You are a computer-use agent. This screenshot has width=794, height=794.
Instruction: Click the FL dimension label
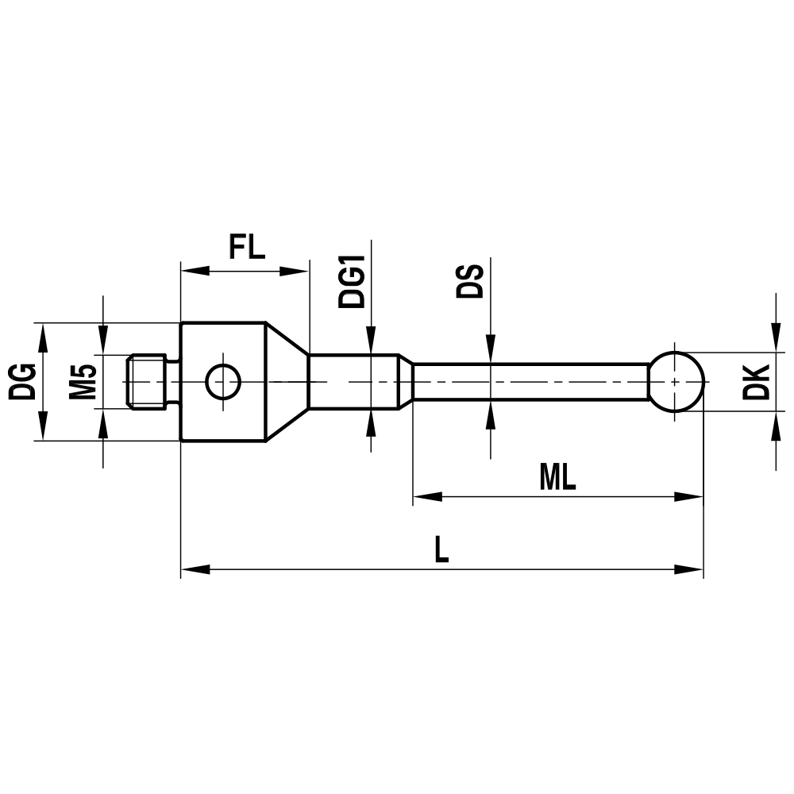[246, 248]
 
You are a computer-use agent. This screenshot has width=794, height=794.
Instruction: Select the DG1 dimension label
[351, 281]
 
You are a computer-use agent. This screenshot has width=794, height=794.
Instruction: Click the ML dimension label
[557, 477]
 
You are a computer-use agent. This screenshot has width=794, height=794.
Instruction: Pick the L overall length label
[441, 549]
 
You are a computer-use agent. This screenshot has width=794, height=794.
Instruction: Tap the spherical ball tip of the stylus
[676, 382]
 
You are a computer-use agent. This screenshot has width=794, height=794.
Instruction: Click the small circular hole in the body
[222, 382]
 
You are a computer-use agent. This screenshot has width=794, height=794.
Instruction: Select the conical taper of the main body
[286, 382]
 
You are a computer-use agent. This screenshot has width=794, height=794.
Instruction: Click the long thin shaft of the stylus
[532, 382]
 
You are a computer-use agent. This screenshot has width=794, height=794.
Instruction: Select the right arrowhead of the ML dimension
[692, 498]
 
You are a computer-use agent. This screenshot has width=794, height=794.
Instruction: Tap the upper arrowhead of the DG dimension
[44, 335]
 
